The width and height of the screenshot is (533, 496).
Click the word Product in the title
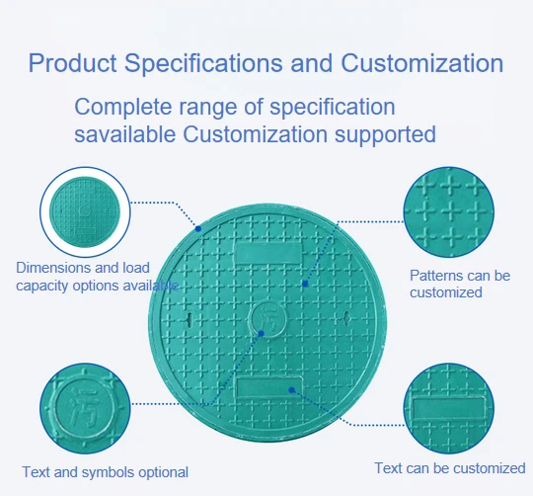point(72,63)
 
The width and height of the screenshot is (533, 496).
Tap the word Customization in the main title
point(421,63)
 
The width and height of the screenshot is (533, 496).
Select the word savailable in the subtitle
point(124,134)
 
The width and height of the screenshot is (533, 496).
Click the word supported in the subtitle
point(385,134)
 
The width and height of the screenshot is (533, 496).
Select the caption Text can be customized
point(450,468)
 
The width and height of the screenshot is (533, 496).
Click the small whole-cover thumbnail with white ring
point(85,211)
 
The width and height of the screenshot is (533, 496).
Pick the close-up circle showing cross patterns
point(449,212)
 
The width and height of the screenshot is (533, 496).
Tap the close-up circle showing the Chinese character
point(85,408)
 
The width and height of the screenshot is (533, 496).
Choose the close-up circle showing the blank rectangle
point(449,408)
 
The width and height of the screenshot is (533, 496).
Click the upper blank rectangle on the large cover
point(268,254)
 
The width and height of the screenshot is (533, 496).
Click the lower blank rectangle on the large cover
point(268,387)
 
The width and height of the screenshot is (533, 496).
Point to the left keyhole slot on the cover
point(190,319)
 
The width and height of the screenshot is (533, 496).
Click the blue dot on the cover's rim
point(198,229)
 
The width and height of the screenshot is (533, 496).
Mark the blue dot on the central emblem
point(261,333)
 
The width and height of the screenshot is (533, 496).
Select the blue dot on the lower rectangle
point(291,390)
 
